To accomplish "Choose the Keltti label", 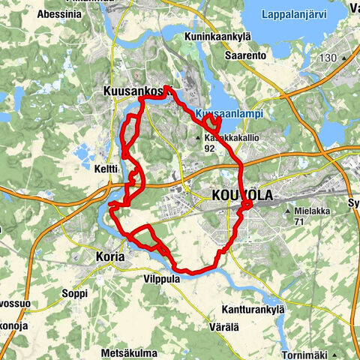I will click(x=106, y=169).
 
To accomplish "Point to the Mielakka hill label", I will click(x=313, y=211).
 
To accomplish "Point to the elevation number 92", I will click(x=210, y=148).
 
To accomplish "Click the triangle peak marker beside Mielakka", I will click(x=289, y=211).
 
